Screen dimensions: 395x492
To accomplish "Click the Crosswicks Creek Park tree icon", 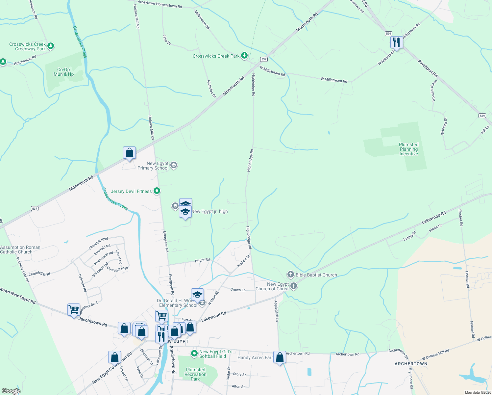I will tap(244, 55).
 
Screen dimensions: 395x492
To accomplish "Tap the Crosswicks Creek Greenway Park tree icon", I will tap(51, 46).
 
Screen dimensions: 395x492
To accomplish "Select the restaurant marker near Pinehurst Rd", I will tap(397, 42).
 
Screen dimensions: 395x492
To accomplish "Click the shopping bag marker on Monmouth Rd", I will tap(129, 153).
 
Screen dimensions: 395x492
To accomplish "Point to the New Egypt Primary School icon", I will tap(174, 165).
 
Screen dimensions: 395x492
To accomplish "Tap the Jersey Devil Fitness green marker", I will tap(157, 191).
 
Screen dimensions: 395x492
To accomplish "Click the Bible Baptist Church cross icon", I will tap(290, 275).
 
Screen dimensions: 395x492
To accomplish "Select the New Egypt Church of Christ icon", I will tap(294, 286).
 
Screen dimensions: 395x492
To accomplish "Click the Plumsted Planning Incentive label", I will tap(408, 149).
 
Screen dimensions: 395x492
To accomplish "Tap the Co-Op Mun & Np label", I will tap(64, 72).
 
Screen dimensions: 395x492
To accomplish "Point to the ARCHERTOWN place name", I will tap(411, 364).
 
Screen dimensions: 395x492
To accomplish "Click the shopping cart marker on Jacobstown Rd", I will tap(74, 310).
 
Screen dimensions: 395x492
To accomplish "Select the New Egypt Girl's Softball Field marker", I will tap(194, 354).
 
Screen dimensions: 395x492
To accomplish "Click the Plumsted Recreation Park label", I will tap(195, 374).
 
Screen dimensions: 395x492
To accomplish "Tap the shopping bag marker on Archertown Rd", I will tap(280, 357).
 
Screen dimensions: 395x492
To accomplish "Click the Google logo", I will tap(11, 391).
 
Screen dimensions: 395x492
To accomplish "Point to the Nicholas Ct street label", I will tap(211, 89).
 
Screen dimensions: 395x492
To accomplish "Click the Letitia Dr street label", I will tap(409, 236).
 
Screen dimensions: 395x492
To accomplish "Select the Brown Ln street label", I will tap(238, 290).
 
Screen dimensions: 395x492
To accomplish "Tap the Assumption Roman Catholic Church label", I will tap(20, 250).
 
